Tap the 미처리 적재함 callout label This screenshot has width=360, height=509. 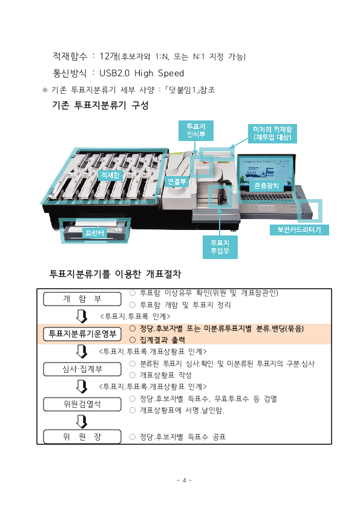point(272,134)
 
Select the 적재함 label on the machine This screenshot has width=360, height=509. point(111,175)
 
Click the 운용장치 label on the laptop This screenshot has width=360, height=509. point(267,186)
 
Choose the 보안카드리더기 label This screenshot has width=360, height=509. point(299,230)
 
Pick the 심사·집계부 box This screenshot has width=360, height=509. point(82,369)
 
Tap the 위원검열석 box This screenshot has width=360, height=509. point(82,403)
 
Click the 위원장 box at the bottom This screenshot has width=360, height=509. point(82,436)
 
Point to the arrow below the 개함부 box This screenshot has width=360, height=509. point(82,317)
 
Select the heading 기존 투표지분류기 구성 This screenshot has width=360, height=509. point(100,105)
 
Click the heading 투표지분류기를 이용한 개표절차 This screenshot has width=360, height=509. point(115,274)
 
